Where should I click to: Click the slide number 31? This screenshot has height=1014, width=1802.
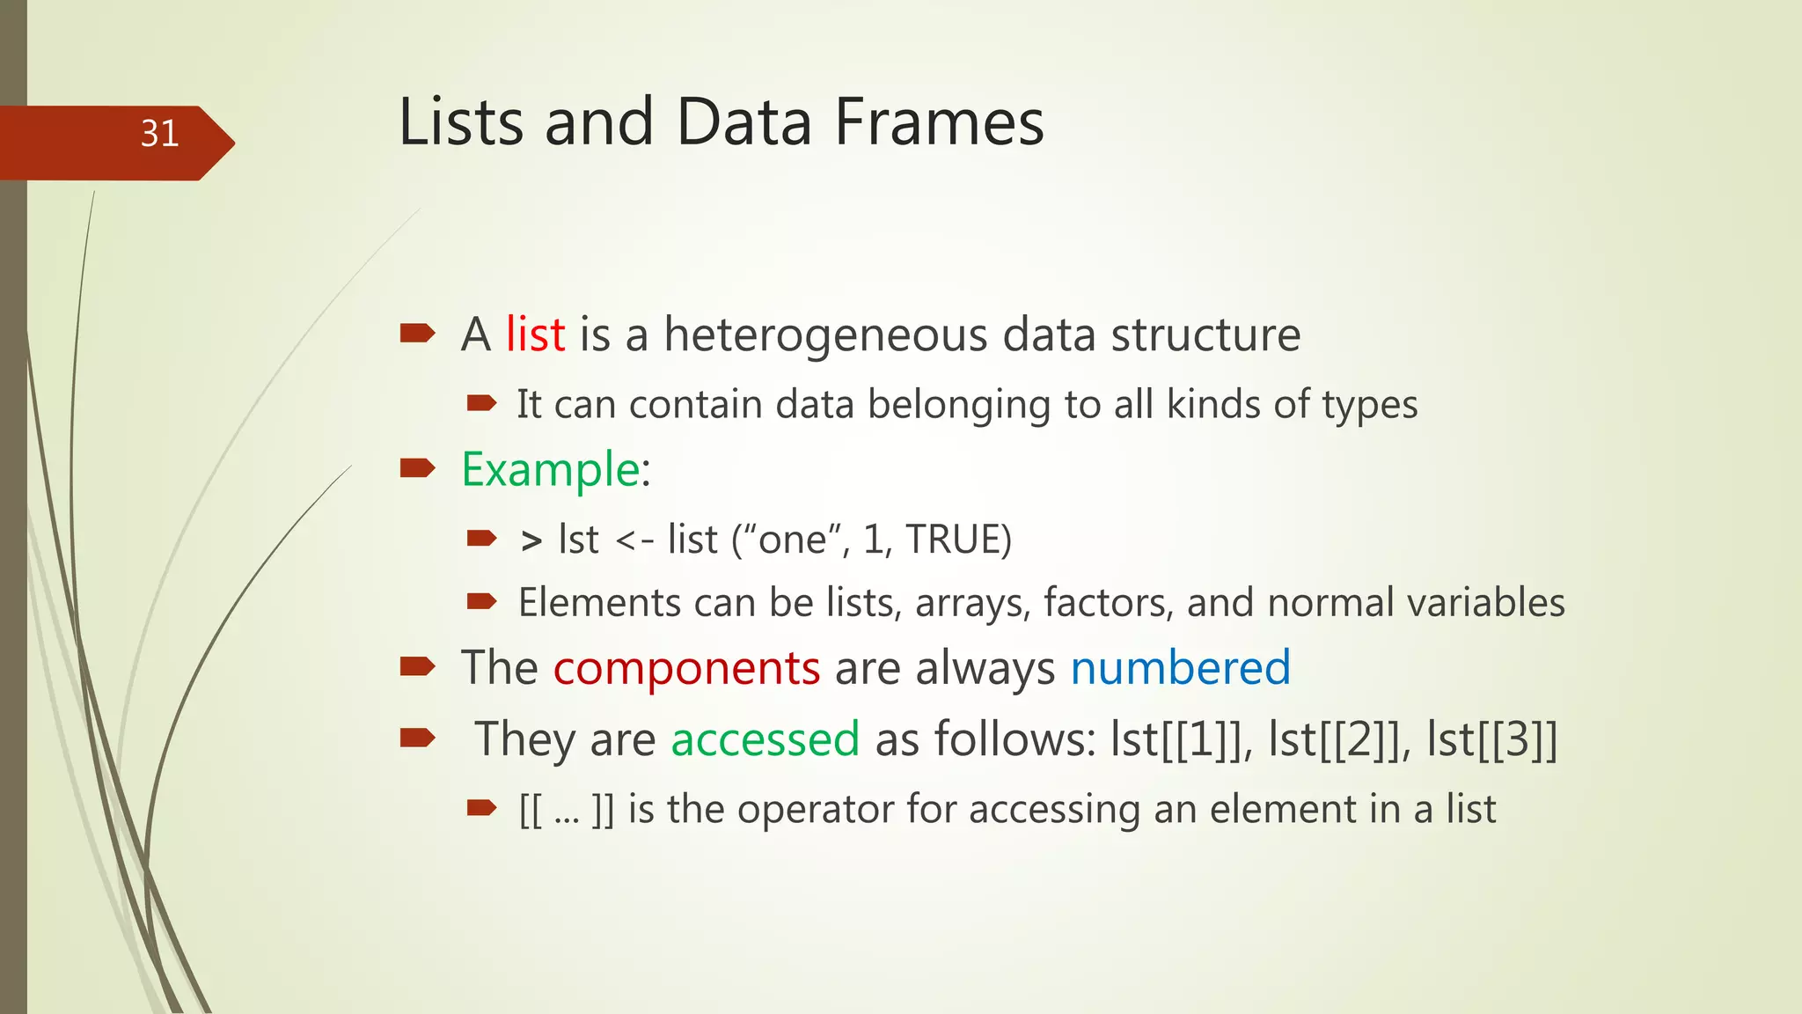click(x=159, y=134)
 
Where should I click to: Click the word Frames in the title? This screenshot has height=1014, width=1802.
click(x=939, y=122)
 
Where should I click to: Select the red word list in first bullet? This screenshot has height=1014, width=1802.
click(x=535, y=334)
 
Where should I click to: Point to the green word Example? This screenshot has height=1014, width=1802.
click(x=550, y=469)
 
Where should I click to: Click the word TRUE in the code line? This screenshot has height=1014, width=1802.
click(x=957, y=540)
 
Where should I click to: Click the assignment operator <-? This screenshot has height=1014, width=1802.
click(x=634, y=540)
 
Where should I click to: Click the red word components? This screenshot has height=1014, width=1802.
click(x=686, y=668)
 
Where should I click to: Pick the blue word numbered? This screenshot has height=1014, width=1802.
click(x=1180, y=668)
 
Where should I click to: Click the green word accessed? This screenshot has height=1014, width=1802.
click(x=765, y=739)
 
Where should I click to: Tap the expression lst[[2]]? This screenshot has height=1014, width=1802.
click(x=1334, y=739)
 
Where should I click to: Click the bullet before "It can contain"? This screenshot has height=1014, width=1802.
click(x=481, y=404)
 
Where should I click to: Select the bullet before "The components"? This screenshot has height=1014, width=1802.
click(x=417, y=667)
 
